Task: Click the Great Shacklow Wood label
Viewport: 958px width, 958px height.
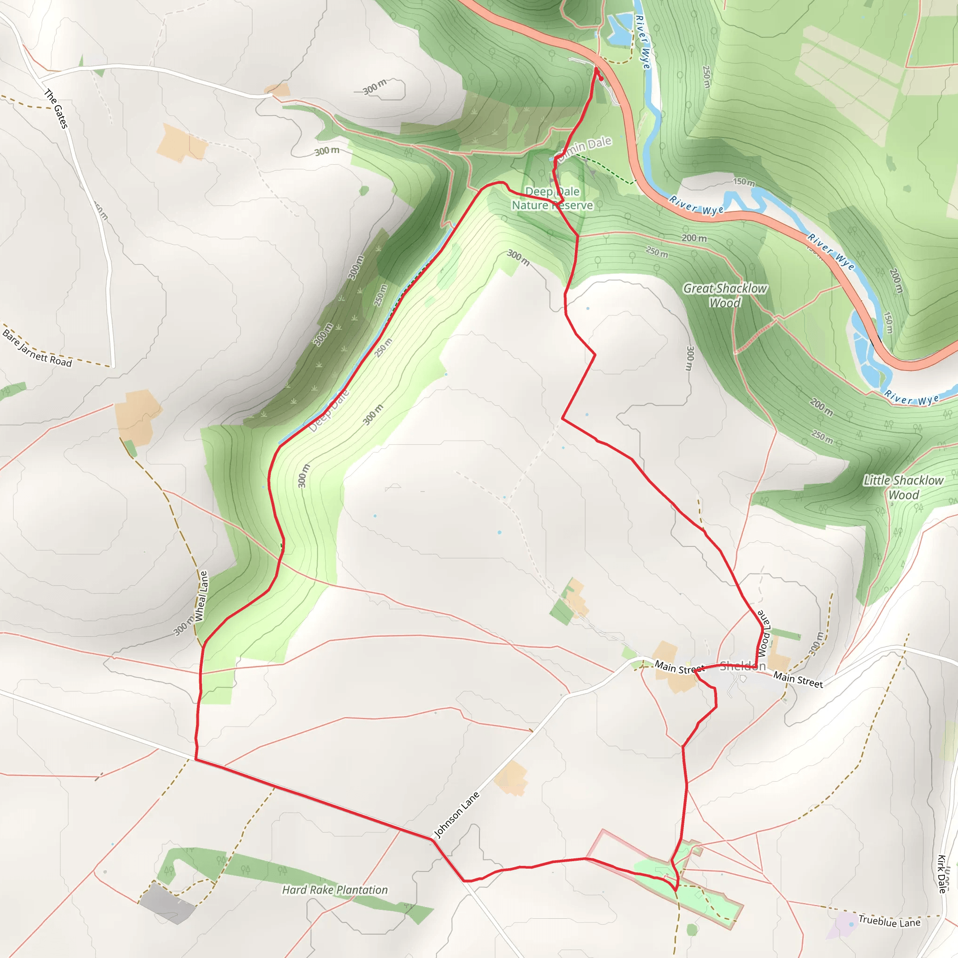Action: point(725,296)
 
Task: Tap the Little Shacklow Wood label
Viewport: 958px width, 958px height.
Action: point(903,487)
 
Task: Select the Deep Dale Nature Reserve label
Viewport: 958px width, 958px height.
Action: point(552,198)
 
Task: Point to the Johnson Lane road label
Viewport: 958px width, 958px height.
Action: point(457,814)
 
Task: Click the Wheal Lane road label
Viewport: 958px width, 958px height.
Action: point(201,596)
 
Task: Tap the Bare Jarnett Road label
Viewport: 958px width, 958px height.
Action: point(37,348)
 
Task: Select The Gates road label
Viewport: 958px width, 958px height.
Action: point(56,109)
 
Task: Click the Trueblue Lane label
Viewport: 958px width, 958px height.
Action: point(889,922)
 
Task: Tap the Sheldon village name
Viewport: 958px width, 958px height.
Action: point(742,666)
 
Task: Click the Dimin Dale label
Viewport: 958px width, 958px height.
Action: point(585,148)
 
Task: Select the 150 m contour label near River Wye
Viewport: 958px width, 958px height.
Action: point(744,182)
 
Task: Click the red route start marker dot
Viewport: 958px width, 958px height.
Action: point(601,78)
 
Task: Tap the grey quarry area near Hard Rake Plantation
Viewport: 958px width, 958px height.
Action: point(167,903)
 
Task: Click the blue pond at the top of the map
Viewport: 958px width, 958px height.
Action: point(618,30)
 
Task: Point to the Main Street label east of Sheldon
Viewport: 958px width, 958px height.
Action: point(798,679)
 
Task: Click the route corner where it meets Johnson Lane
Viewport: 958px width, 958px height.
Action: point(432,839)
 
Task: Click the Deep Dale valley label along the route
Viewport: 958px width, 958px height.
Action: point(329,411)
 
